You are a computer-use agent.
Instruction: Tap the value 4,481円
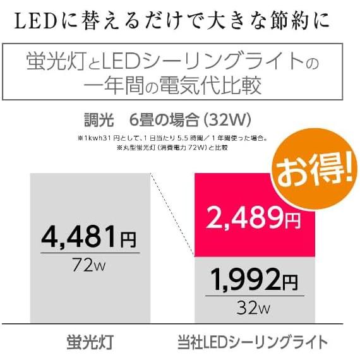[88, 239]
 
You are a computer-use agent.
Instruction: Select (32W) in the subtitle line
[227, 119]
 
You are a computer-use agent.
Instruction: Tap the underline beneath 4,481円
[88, 253]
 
